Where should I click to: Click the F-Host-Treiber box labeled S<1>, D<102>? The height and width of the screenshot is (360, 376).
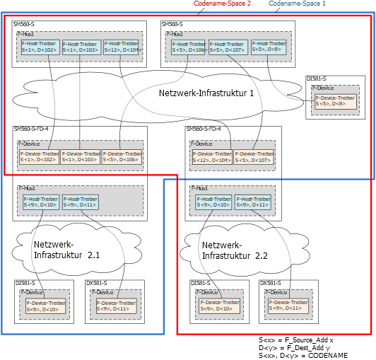[40, 47]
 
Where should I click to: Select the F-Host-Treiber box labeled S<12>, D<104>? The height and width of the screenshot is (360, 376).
[122, 47]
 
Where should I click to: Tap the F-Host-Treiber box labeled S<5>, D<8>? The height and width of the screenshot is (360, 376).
[269, 47]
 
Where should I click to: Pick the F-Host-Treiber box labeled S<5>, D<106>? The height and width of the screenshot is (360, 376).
[189, 47]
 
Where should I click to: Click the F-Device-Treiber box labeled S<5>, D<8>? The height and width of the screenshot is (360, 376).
[335, 100]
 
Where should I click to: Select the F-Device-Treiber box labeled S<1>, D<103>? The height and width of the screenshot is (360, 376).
[81, 157]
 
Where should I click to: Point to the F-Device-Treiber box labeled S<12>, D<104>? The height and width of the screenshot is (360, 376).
[211, 157]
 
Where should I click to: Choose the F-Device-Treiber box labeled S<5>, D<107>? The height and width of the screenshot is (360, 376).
[253, 157]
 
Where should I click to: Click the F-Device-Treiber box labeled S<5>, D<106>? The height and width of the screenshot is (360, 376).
[122, 157]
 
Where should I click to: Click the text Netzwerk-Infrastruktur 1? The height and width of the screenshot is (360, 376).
[206, 93]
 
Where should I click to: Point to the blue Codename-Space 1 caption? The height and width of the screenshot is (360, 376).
[298, 4]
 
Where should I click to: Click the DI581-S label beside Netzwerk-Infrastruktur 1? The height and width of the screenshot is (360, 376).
[316, 79]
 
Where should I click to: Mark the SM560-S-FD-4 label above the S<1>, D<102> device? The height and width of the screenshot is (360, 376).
[31, 129]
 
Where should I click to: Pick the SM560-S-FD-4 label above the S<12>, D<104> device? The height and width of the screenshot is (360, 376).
[203, 129]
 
